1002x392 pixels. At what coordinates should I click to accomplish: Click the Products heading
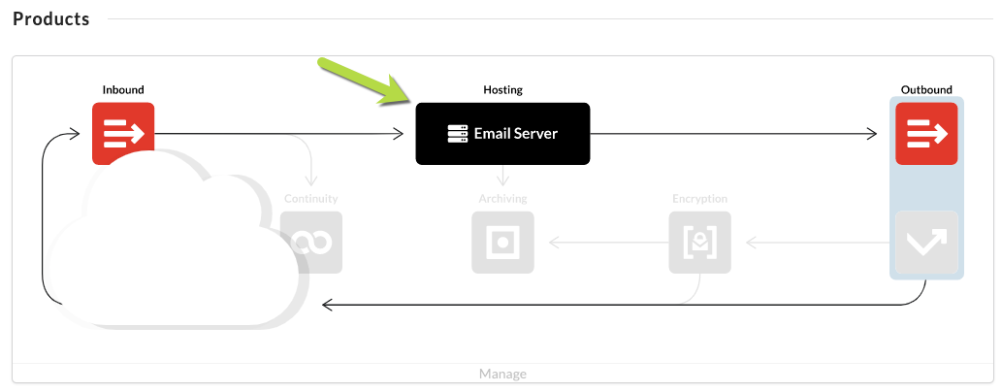point(51,19)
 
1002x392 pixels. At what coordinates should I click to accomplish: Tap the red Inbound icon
point(123,133)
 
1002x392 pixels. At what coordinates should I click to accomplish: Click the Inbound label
point(123,89)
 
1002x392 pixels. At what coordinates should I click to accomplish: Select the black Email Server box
point(502,134)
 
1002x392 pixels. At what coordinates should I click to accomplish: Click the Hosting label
point(502,89)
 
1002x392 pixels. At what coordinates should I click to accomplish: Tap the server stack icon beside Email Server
point(458,134)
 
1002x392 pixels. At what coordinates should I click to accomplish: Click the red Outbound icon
point(926,133)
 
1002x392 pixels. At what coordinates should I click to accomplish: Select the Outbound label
point(926,89)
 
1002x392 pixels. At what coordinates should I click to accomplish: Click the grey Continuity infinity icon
point(311,243)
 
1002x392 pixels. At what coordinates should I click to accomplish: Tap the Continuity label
point(311,199)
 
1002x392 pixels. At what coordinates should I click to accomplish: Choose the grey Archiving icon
point(502,243)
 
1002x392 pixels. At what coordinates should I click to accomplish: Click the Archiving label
point(502,199)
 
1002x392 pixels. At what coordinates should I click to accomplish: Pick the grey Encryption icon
point(699,243)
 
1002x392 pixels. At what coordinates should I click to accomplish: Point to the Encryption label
point(699,199)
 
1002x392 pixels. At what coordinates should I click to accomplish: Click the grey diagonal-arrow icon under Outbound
point(926,243)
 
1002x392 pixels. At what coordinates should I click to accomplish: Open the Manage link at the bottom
point(502,374)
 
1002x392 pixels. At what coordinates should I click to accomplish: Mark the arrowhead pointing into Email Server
point(399,134)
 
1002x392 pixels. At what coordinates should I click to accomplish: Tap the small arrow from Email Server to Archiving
point(502,176)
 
